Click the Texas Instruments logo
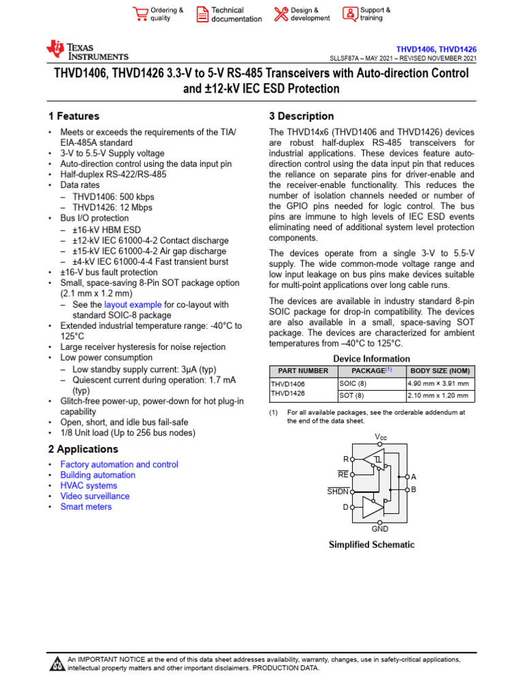[x=86, y=50]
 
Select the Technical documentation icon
[x=203, y=14]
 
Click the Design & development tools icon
[x=281, y=14]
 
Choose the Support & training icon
[x=349, y=14]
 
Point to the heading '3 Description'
[x=302, y=116]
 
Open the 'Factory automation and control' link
[x=119, y=464]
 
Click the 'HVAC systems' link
[x=89, y=485]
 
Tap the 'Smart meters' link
[x=86, y=506]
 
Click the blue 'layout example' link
[x=133, y=305]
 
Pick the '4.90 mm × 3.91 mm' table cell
[x=437, y=383]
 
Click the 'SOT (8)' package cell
[x=351, y=395]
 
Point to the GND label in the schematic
[x=380, y=529]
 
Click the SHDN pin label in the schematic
[x=338, y=491]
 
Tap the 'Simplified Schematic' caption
[x=372, y=545]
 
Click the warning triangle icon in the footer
[x=56, y=664]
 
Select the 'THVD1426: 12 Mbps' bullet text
[x=112, y=208]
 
